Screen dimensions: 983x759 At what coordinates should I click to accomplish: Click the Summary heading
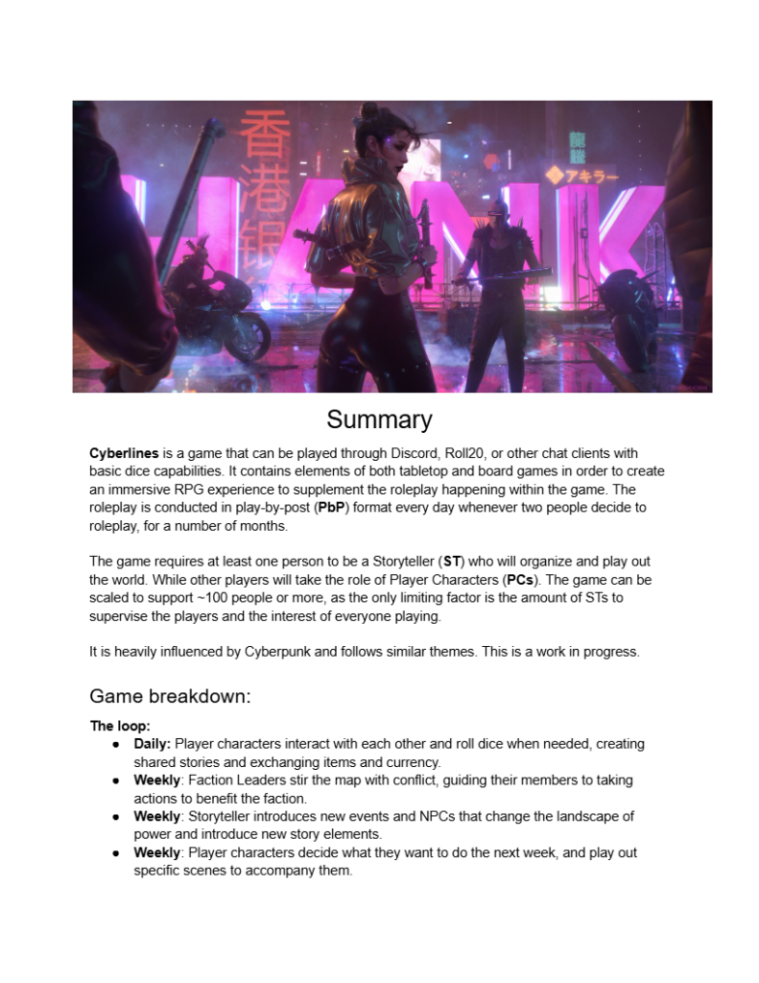click(379, 420)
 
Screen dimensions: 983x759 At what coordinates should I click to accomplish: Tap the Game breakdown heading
click(170, 696)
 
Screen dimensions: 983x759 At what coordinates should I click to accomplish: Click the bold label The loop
click(120, 726)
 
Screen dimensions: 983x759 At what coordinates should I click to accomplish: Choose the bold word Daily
click(152, 744)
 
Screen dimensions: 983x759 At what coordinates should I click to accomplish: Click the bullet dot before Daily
click(115, 744)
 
